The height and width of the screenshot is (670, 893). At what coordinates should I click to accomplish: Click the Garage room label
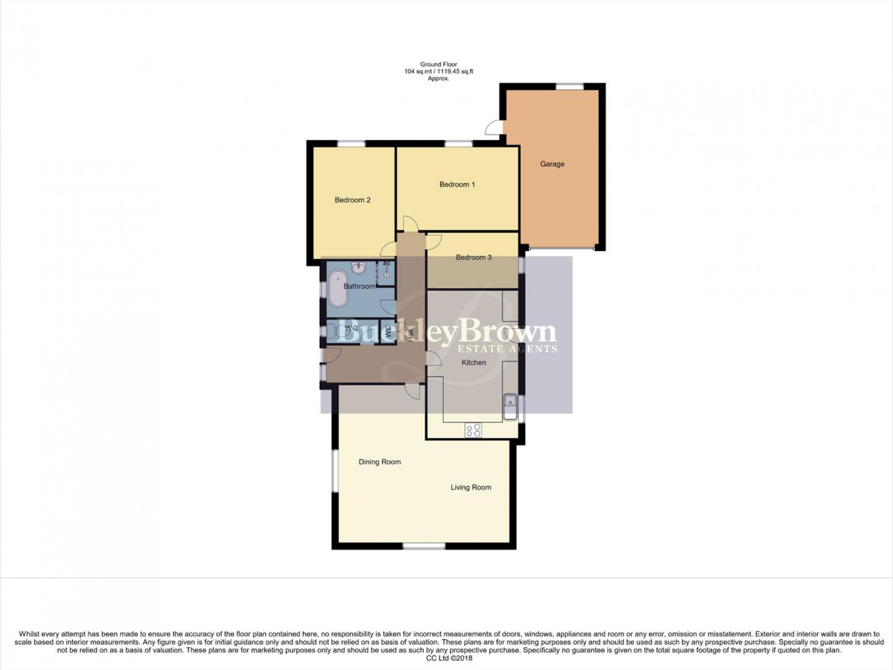pos(552,164)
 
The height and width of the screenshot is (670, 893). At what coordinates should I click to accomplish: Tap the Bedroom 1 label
pos(457,184)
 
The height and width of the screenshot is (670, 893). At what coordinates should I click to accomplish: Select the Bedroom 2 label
pos(352,200)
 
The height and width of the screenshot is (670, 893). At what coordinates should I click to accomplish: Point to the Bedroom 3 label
pos(473,257)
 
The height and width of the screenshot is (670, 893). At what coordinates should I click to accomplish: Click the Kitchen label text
pos(473,362)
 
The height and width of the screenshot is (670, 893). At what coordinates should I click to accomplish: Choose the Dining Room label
pos(379,462)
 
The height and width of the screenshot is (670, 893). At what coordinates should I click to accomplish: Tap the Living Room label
pos(470,487)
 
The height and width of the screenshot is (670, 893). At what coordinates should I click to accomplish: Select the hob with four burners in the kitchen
pos(473,430)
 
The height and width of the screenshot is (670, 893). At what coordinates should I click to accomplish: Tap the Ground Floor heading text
pos(439,64)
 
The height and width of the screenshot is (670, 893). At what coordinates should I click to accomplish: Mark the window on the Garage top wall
pos(570,87)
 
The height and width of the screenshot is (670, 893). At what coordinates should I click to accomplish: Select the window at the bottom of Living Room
pos(423,546)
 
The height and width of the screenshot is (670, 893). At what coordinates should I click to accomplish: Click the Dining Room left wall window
pos(335,471)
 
